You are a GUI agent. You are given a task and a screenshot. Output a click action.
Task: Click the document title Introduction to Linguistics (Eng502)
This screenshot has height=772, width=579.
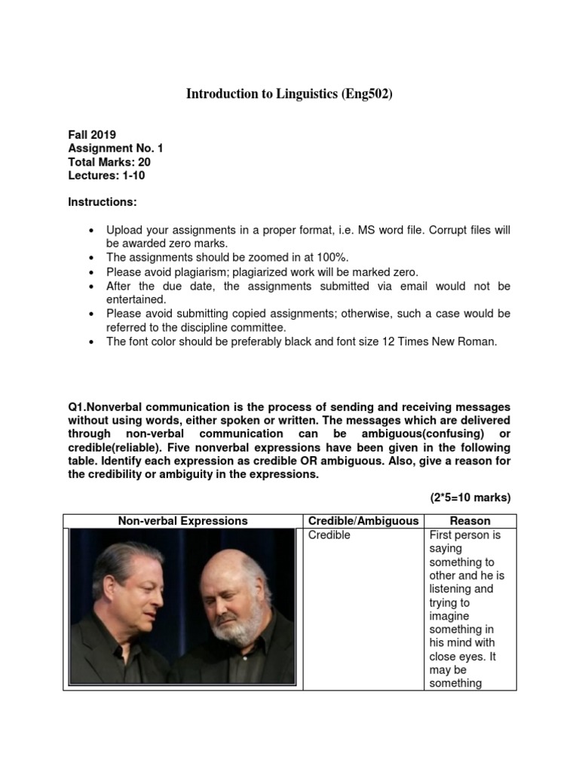(x=289, y=94)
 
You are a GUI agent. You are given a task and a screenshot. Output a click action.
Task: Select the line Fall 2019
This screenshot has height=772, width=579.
(x=92, y=135)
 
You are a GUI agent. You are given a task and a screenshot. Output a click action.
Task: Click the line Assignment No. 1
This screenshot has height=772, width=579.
(x=115, y=149)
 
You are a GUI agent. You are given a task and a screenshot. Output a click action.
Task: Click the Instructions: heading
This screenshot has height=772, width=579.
(x=103, y=203)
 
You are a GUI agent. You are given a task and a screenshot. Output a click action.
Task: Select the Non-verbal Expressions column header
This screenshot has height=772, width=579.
(x=182, y=521)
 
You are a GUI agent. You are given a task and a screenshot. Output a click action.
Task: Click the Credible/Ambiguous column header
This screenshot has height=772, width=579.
(x=363, y=521)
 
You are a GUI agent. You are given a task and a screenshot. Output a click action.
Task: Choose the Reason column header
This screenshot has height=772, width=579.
(x=470, y=521)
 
